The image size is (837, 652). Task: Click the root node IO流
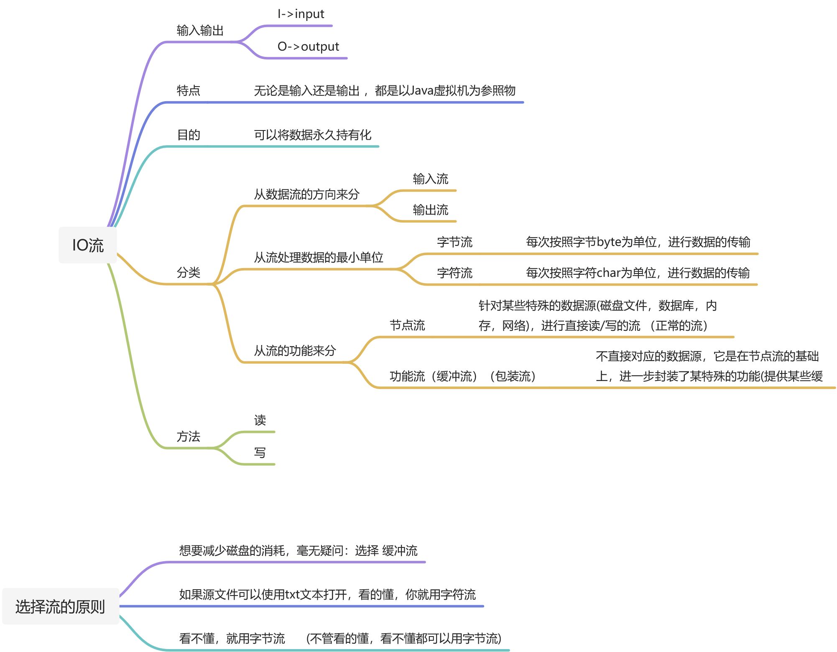pos(87,245)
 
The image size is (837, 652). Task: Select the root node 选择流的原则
pos(60,606)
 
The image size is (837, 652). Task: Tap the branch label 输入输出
pos(200,31)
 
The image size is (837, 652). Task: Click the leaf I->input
pos(301,14)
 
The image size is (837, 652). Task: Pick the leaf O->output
pos(308,46)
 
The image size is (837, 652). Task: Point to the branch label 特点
pos(188,90)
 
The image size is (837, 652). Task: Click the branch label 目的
pos(188,135)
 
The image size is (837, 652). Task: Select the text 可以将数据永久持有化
pos(312,135)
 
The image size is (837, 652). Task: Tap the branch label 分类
pos(188,273)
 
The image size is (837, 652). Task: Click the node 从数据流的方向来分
pos(306,194)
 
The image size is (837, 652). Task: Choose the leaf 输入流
pos(430,179)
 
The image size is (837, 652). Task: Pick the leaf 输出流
pos(430,210)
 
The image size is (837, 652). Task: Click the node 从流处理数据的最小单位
pos(318,257)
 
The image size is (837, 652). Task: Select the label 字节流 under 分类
pos(454,242)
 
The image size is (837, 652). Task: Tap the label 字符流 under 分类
pos(454,273)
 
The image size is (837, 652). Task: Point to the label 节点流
pos(407,325)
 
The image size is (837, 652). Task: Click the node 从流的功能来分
pos(295,350)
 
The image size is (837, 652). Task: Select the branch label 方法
pos(188,437)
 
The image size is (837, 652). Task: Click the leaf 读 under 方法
pos(260,420)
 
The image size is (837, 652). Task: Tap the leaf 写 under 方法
pos(260,453)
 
